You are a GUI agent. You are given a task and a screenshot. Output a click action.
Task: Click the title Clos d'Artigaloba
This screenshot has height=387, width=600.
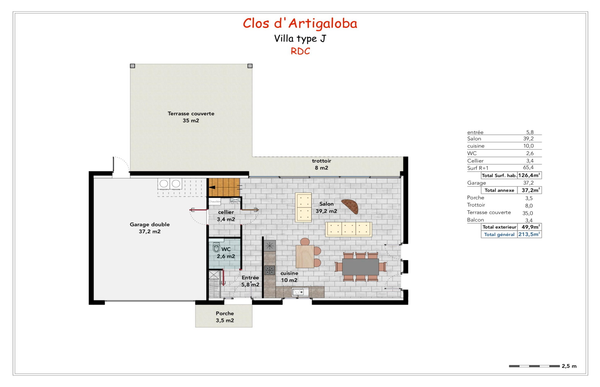click(300, 24)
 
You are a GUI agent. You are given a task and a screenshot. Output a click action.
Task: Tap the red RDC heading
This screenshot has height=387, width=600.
click(300, 51)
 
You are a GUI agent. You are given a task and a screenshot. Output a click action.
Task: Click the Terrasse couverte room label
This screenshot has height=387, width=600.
click(191, 117)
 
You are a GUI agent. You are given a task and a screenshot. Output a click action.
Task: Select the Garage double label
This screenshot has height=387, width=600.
click(150, 228)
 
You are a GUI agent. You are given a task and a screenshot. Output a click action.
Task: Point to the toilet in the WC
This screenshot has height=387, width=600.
click(216, 248)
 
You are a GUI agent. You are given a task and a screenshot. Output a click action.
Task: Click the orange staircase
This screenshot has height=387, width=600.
click(224, 187)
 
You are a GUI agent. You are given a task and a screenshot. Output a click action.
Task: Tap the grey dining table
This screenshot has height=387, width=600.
click(360, 267)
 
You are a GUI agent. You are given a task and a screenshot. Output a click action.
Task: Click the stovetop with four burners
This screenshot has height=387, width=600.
click(269, 270)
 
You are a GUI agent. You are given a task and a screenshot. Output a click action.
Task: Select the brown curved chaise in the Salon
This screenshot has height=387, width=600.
click(350, 205)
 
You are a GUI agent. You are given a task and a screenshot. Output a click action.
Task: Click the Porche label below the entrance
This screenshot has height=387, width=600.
click(225, 317)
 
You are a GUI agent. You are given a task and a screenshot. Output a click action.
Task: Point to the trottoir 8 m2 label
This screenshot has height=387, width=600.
click(321, 164)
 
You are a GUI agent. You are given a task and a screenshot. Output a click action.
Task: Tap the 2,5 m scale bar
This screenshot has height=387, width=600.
click(534, 366)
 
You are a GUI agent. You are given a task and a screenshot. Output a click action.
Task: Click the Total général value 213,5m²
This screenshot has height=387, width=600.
click(529, 234)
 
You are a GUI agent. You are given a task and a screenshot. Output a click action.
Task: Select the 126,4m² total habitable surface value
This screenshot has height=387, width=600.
click(529, 175)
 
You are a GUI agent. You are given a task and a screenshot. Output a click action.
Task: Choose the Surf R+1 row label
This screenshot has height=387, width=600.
click(478, 168)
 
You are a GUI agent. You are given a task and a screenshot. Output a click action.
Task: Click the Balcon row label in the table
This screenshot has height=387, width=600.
click(475, 220)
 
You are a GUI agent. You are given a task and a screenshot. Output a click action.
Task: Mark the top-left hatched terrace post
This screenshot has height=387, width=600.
click(132, 66)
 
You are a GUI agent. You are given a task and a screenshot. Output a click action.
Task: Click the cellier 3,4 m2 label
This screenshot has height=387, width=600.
click(226, 216)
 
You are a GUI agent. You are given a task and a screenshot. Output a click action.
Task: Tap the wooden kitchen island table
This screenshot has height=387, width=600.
click(305, 256)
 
